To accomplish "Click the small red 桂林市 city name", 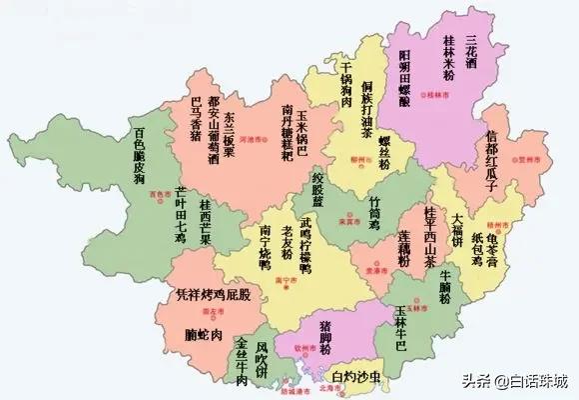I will coord(433,96).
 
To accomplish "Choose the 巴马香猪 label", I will coord(196,118).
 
